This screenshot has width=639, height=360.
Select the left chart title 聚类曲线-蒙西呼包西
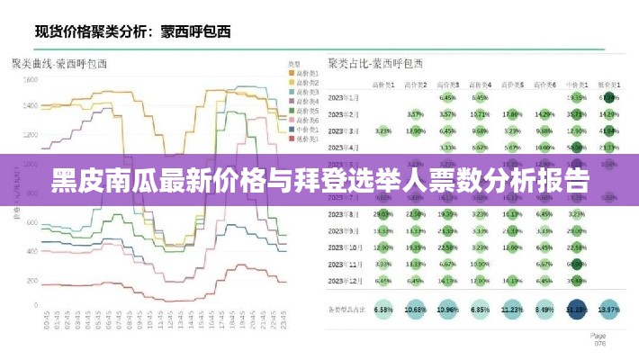tap(59, 64)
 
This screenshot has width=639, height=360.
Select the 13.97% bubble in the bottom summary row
tap(609, 309)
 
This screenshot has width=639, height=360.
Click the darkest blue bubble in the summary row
tap(576, 309)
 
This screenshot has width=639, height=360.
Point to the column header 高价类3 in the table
tap(447, 83)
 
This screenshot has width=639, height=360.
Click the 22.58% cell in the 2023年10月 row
tap(447, 247)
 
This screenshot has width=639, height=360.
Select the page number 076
tap(598, 342)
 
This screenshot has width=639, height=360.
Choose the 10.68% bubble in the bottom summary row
tap(416, 309)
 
